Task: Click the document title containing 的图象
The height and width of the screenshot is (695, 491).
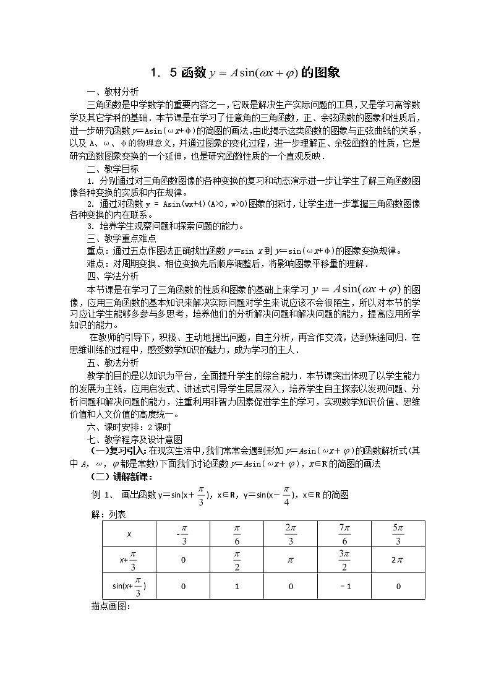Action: tap(246, 73)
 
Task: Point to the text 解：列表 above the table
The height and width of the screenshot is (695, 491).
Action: tap(108, 514)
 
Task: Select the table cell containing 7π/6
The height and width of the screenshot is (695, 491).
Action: tap(344, 533)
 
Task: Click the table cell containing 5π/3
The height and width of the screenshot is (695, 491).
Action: tap(398, 533)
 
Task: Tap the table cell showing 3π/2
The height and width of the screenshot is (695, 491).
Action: tap(344, 560)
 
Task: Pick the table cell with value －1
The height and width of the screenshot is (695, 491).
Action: tap(344, 586)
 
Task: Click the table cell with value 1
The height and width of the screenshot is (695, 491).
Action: tap(237, 586)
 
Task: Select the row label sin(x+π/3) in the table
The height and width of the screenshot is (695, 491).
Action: tap(129, 586)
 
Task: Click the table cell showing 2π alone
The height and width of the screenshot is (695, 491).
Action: tap(398, 560)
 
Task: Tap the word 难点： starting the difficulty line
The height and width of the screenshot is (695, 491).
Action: tap(100, 264)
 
